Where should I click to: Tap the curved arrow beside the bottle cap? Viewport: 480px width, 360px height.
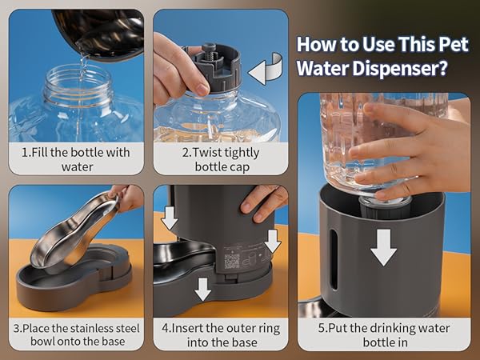point(265,69)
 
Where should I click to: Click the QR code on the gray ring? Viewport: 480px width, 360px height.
point(232,261)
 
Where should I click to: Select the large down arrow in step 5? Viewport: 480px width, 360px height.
point(383,247)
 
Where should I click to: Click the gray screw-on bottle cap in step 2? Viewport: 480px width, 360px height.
point(217,66)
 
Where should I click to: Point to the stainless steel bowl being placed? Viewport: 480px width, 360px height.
point(75,230)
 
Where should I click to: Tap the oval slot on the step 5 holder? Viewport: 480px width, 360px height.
point(334,259)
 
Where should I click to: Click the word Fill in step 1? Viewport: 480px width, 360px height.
point(40,152)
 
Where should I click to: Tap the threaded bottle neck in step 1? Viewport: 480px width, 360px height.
point(77,86)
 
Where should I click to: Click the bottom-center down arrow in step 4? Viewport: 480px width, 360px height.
point(202,289)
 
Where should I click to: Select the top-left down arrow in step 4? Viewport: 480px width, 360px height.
point(170,218)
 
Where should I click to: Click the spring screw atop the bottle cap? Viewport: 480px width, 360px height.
point(209,50)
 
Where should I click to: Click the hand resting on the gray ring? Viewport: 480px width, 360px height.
point(263,202)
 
